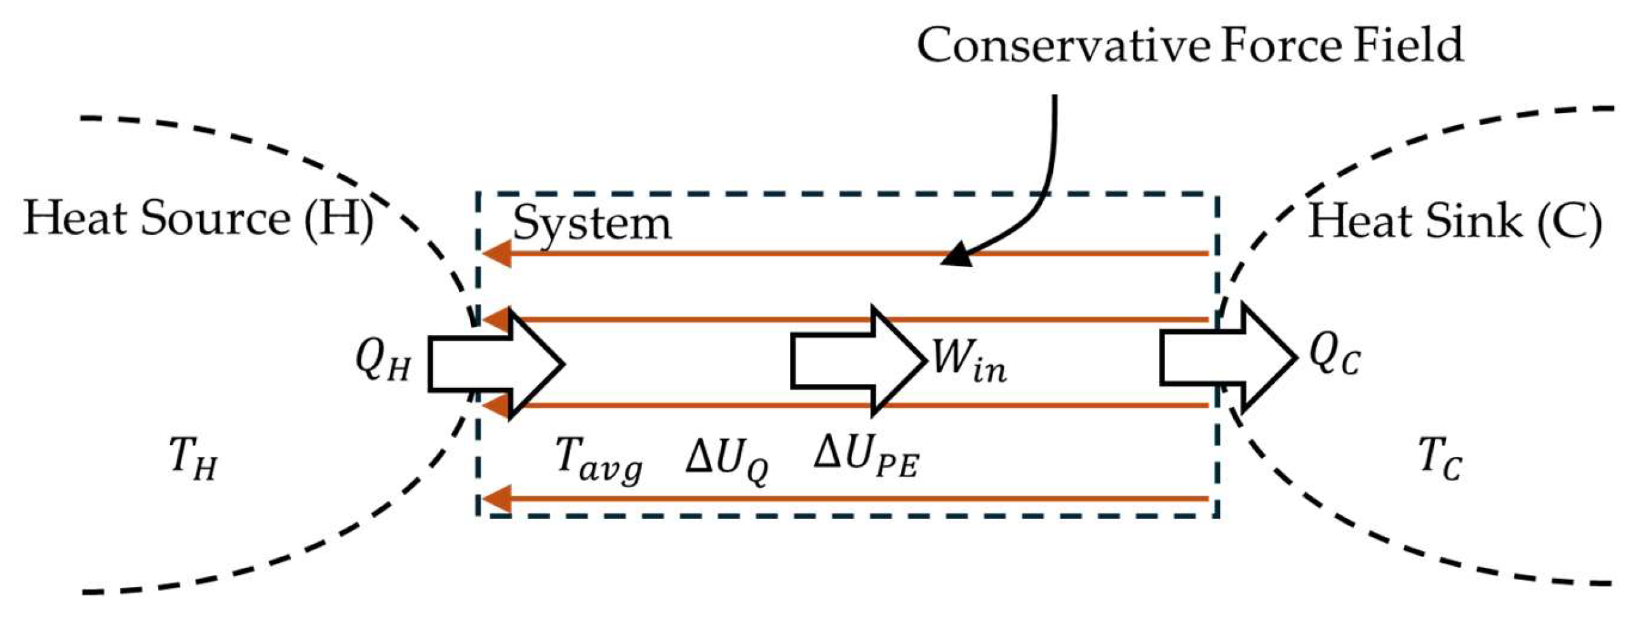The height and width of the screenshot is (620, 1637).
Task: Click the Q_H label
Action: [383, 362]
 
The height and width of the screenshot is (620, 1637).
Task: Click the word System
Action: [592, 223]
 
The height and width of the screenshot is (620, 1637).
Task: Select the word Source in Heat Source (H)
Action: [215, 219]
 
